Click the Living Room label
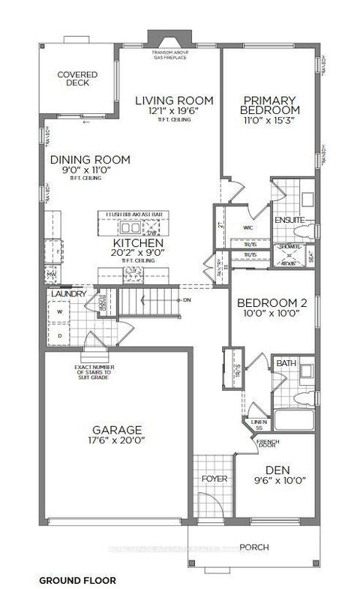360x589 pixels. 174,101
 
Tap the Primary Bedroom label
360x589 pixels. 271,105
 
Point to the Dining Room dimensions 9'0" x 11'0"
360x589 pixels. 91,172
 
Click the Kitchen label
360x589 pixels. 138,244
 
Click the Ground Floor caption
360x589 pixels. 76,581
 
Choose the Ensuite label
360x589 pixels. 289,220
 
